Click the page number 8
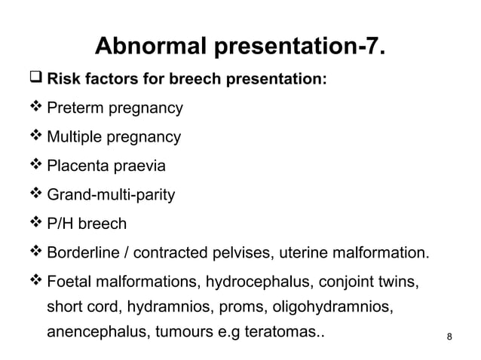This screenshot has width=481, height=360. (450, 336)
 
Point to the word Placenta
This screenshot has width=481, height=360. (75, 166)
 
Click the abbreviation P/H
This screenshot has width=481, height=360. (62, 224)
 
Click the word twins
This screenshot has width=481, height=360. (400, 282)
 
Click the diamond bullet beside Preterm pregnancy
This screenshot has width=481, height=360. (37, 108)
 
